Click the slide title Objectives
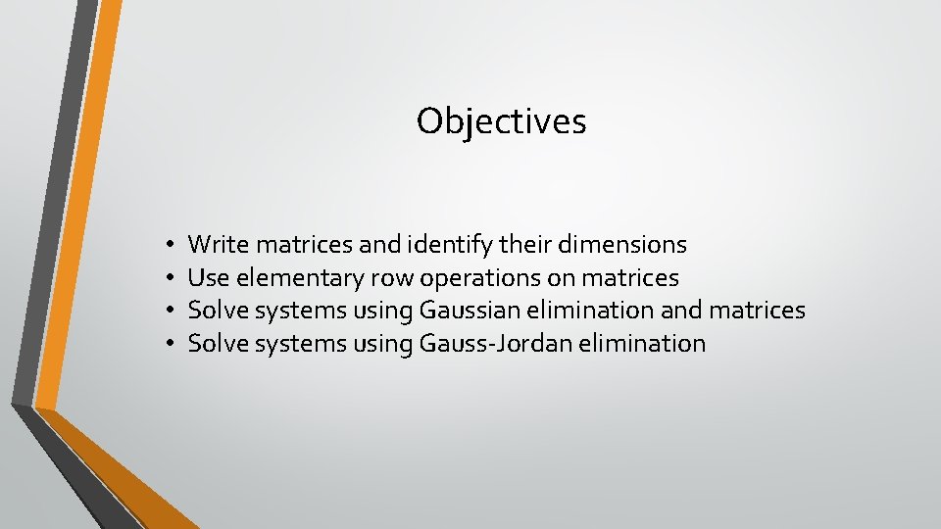pyautogui.click(x=501, y=121)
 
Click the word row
pyautogui.click(x=393, y=278)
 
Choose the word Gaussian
pyautogui.click(x=468, y=311)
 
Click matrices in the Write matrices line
pyautogui.click(x=295, y=244)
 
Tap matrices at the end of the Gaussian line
pyautogui.click(x=756, y=311)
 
